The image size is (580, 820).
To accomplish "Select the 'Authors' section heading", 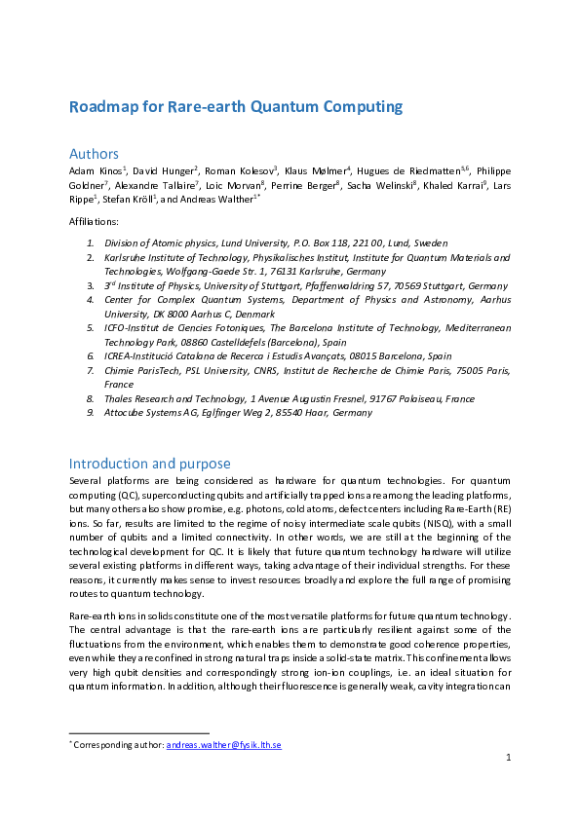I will point(94,154).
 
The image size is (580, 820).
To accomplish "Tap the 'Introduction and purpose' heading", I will point(149,463).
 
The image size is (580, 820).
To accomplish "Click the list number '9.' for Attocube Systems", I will point(90,413).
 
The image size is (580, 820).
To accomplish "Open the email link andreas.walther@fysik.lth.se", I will point(224,745).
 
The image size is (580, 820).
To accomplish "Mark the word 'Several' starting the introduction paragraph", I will point(86,480).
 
